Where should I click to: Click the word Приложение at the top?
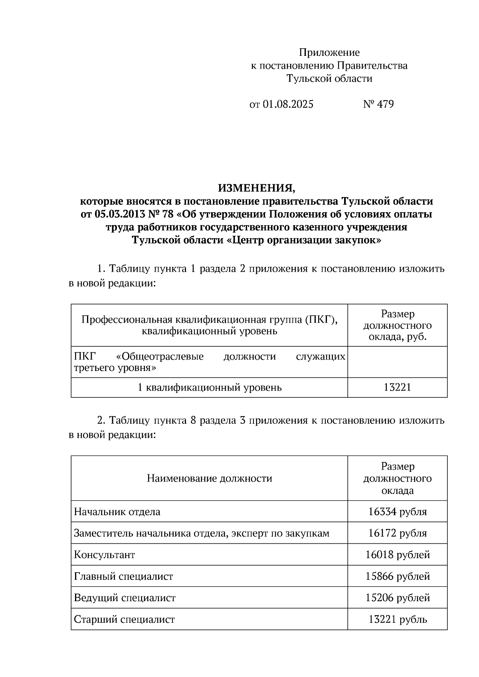tap(329, 52)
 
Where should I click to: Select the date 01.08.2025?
tap(288, 105)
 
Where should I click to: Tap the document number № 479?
tap(378, 105)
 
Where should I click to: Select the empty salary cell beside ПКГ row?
tap(397, 362)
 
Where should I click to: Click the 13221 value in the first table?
tap(397, 387)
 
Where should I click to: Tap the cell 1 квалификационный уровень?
tap(210, 387)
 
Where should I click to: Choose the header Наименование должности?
tap(210, 478)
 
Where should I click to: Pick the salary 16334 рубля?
tap(397, 511)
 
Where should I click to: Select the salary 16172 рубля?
tap(397, 533)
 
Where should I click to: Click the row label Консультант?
tap(105, 555)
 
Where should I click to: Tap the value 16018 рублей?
tap(397, 555)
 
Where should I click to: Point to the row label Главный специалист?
tap(124, 576)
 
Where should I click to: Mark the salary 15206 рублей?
tap(397, 598)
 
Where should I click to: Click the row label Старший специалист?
tap(125, 619)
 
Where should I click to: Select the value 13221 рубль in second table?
tap(397, 619)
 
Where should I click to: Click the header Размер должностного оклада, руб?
tap(397, 326)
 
